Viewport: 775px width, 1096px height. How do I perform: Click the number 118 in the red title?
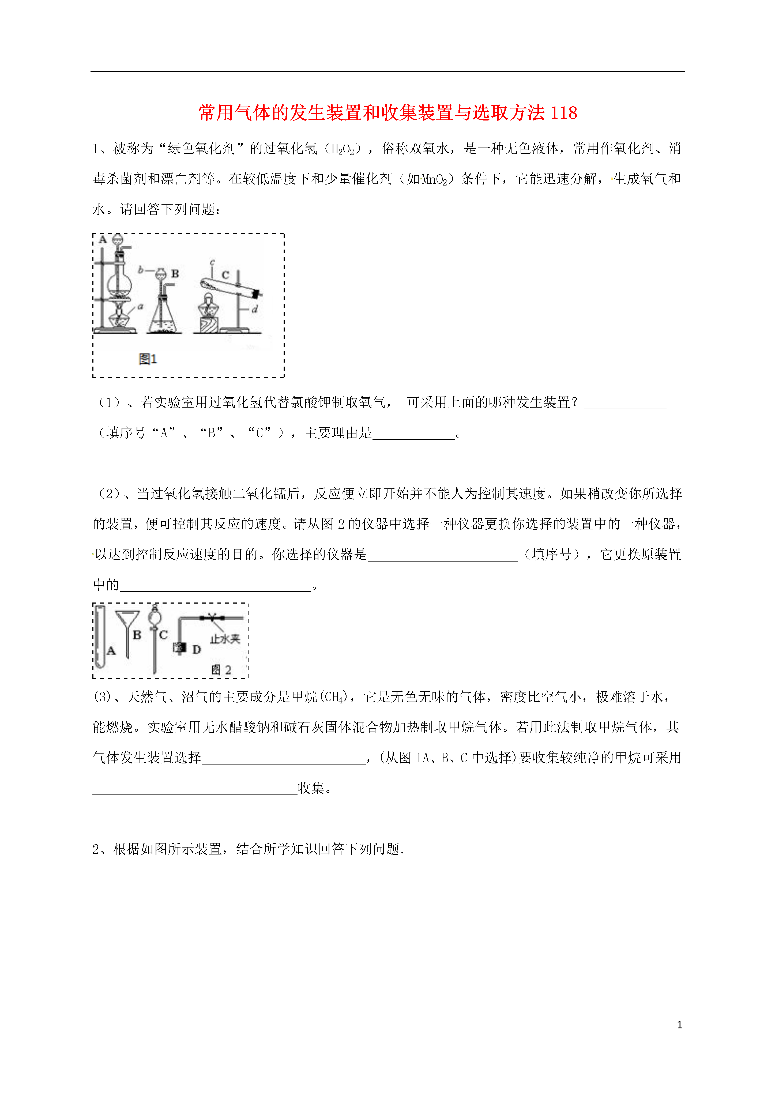563,113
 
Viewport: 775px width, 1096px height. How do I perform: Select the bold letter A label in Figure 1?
103,240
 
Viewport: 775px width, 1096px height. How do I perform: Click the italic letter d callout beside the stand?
255,309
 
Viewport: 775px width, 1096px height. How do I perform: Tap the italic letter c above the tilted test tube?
212,262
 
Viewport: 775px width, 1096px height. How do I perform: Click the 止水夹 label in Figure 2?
224,639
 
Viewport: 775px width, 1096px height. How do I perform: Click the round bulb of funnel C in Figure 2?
154,618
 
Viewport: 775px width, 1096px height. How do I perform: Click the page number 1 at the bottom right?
679,1025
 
